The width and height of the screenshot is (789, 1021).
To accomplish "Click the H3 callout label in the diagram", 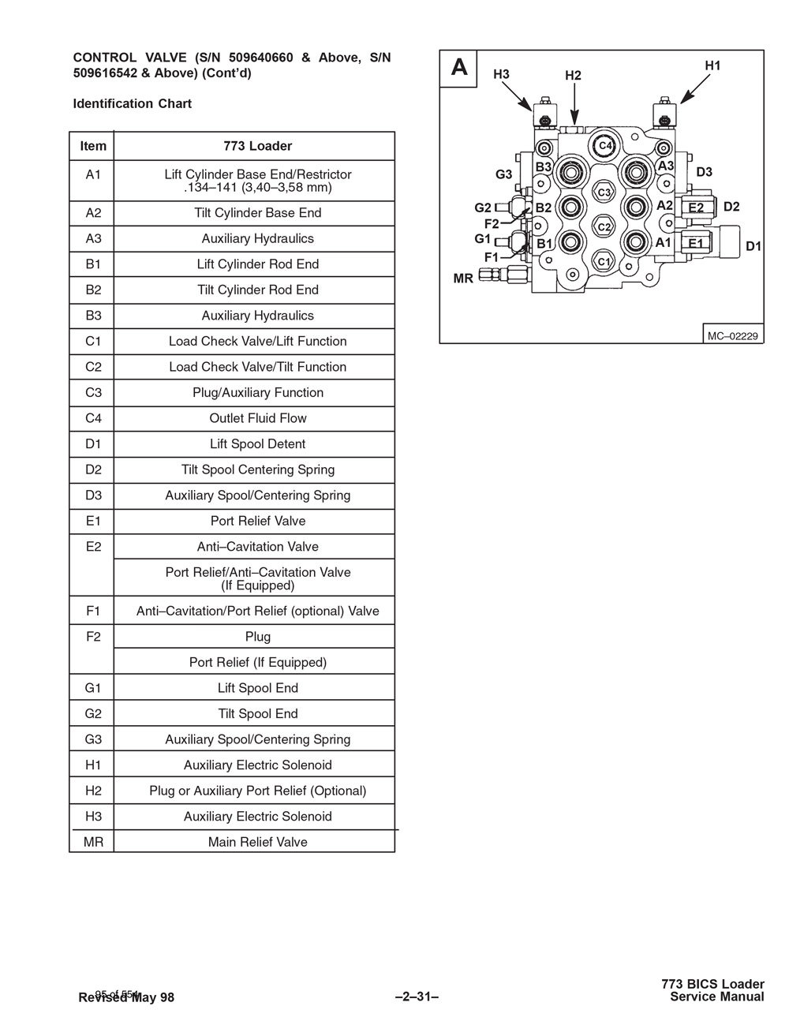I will point(501,74).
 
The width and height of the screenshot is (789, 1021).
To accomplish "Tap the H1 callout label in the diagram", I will point(712,66).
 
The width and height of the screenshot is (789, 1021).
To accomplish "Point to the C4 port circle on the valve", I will point(605,146).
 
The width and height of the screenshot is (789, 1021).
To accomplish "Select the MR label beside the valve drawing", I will point(463,279).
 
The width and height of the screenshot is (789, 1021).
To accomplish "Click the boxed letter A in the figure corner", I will point(459,68).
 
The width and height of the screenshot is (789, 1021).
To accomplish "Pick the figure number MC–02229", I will point(732,336).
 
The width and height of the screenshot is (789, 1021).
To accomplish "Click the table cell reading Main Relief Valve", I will point(257,842).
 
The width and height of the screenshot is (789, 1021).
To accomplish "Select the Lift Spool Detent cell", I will point(257,444).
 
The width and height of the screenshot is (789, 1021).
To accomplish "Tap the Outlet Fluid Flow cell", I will point(257,418).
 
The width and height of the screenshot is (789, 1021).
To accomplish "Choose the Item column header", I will point(93,146).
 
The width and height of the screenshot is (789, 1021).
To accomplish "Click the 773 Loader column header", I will point(257,146).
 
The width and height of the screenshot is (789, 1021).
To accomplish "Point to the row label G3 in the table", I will point(93,739).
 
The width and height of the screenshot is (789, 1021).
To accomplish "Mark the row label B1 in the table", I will point(93,264).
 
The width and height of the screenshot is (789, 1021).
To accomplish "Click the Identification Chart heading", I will point(132,103).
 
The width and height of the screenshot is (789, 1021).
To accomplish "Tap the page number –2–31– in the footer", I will point(416,997).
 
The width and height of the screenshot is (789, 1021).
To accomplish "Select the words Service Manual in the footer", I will point(716,997).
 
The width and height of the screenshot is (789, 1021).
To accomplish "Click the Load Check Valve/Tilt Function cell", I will point(257,367).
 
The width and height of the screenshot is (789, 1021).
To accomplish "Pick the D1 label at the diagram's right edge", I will point(753,246).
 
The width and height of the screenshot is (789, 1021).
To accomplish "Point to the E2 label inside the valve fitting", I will point(696,208).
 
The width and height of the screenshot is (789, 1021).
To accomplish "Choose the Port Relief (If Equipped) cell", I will point(257,662).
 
